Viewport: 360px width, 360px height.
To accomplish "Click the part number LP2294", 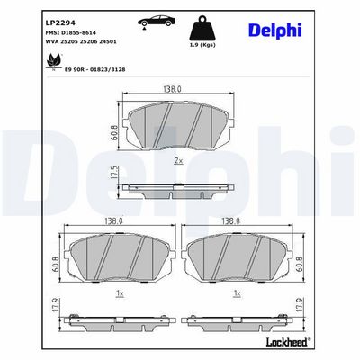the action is coord(60,22).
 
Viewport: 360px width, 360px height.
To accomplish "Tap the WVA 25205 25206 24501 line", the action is coord(81,41).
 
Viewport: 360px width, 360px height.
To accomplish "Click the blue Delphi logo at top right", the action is coord(275,31).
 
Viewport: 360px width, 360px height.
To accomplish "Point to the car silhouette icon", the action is coord(157,21).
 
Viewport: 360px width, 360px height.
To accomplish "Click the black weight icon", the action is coord(203,29).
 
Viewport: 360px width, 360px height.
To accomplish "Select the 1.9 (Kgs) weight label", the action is coord(203,45).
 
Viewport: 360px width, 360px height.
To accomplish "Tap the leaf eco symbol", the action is coord(54,61).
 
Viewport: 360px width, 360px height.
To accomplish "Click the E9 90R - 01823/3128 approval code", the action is coord(95,69).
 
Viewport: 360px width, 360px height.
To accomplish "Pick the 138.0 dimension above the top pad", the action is coord(172,89).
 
